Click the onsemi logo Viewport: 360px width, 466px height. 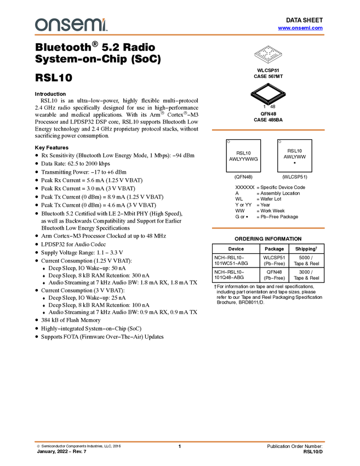[71, 25]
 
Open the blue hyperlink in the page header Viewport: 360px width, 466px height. [300, 28]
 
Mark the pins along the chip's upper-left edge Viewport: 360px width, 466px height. [258, 88]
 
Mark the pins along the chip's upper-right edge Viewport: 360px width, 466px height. [278, 88]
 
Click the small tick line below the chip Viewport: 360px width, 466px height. [268, 105]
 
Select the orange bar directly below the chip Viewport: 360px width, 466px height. [268, 130]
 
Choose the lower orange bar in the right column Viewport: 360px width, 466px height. [268, 228]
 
